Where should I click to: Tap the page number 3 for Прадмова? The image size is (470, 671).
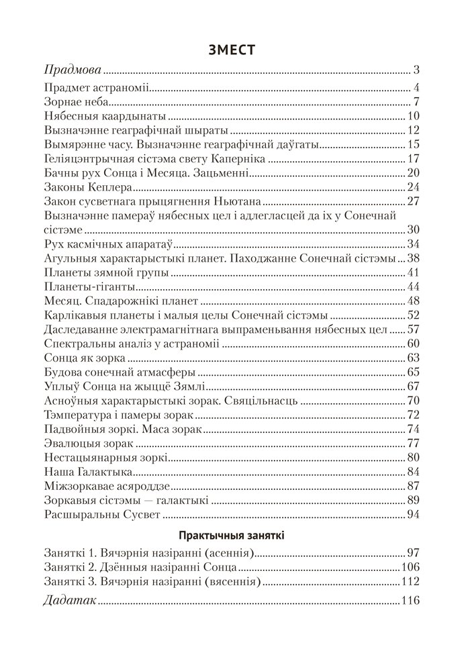tap(416, 70)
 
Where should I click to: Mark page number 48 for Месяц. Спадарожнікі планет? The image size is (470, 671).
tap(413, 301)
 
